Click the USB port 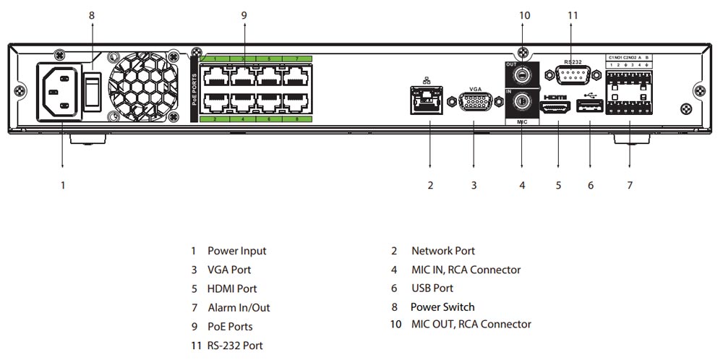(x=590, y=108)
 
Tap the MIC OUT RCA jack (x=521, y=74)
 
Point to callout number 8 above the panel (x=92, y=14)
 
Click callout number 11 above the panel (x=573, y=14)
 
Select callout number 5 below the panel (x=558, y=185)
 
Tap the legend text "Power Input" (x=236, y=251)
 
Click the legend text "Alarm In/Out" (x=239, y=307)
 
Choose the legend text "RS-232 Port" (x=235, y=346)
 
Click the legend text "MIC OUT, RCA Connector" (x=471, y=325)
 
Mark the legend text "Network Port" (x=442, y=251)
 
